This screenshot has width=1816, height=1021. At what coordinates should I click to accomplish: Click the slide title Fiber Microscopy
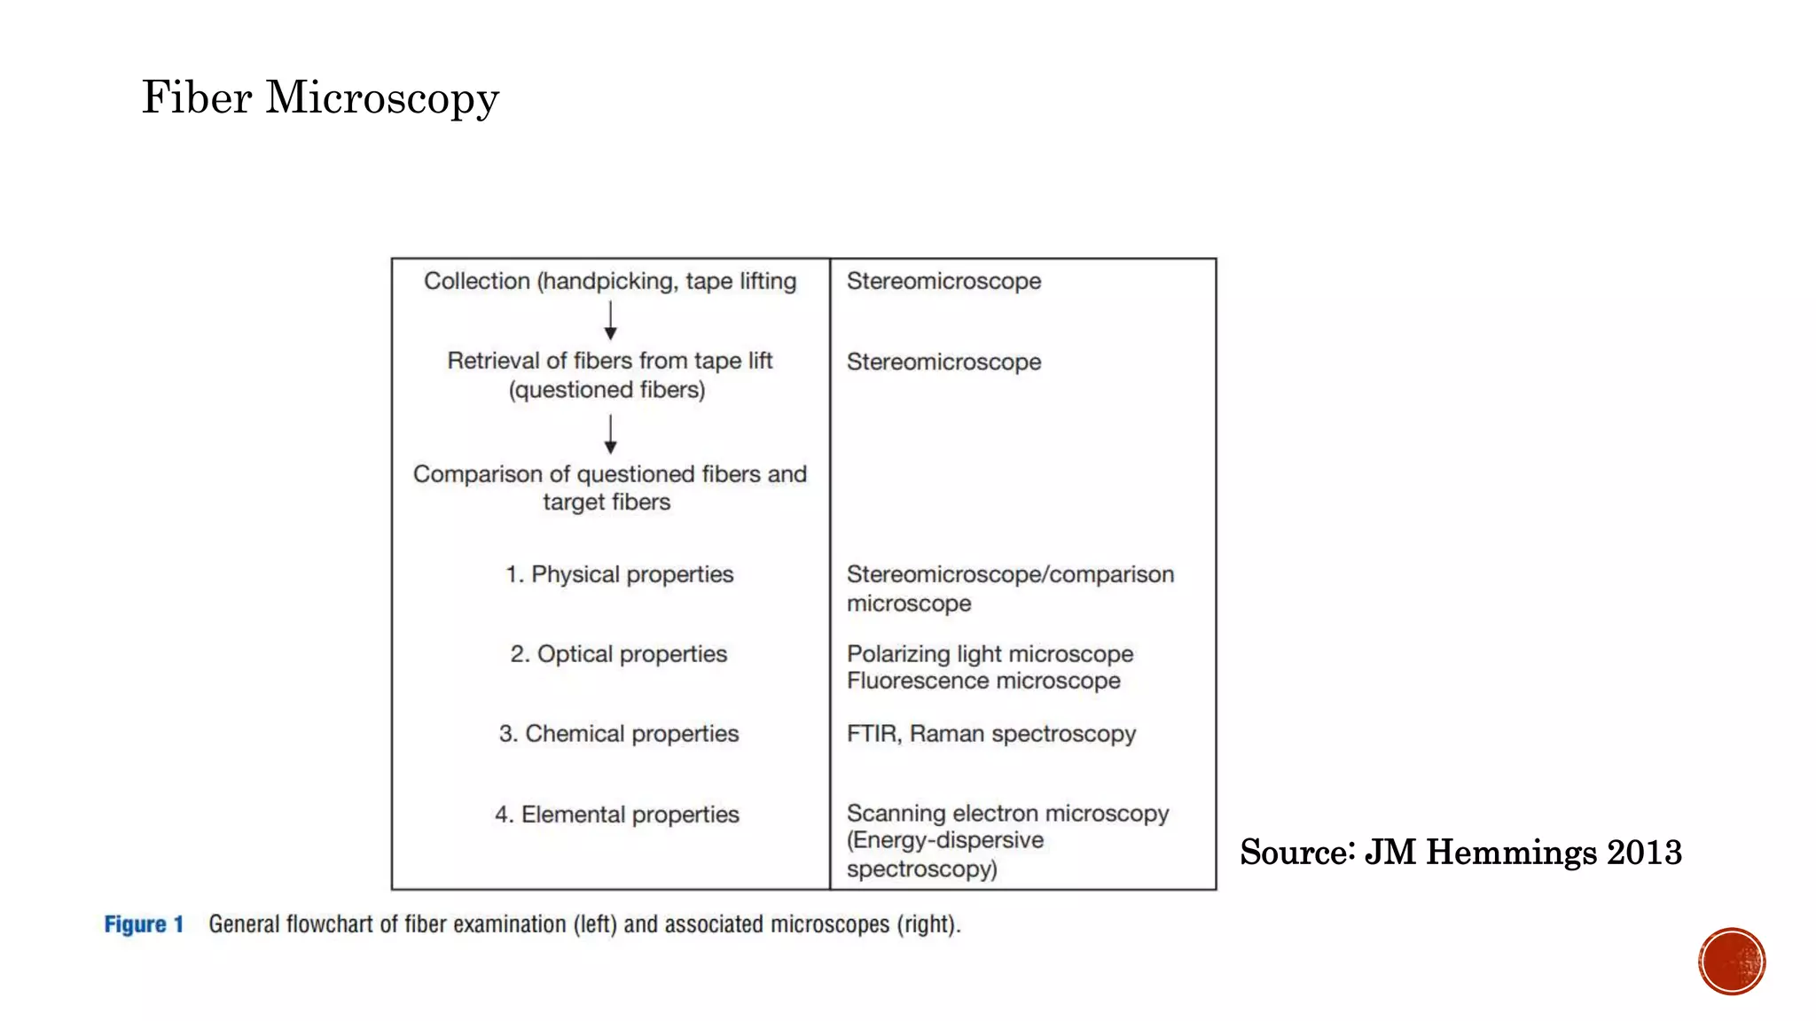[x=320, y=97]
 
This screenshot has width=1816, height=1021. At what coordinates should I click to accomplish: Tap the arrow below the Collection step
[x=610, y=320]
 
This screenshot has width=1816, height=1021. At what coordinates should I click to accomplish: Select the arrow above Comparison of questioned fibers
[x=610, y=434]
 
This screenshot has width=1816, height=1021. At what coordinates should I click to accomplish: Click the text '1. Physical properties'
[x=619, y=574]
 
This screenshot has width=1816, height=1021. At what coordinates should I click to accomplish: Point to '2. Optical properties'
[x=618, y=654]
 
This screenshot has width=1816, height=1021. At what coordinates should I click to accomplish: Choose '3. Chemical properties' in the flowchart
[x=618, y=734]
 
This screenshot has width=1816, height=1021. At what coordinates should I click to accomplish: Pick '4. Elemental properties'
[x=616, y=814]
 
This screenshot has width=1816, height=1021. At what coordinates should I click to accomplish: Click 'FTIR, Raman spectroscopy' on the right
[x=990, y=734]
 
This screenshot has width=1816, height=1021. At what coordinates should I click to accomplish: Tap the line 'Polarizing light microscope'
[x=990, y=654]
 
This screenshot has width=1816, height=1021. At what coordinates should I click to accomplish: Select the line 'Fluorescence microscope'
[x=983, y=681]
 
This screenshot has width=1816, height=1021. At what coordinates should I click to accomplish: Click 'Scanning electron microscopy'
[x=1007, y=814]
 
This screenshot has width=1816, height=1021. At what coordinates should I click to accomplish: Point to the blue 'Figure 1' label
[x=144, y=924]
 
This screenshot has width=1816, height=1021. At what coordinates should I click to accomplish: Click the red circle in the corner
[x=1732, y=962]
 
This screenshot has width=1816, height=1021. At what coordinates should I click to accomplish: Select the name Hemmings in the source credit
[x=1510, y=853]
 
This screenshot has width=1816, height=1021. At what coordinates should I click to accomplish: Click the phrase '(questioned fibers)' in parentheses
[x=607, y=390]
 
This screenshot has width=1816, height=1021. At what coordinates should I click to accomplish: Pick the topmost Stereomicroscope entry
[x=943, y=281]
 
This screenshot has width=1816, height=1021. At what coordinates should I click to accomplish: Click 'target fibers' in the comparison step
[x=607, y=503]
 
